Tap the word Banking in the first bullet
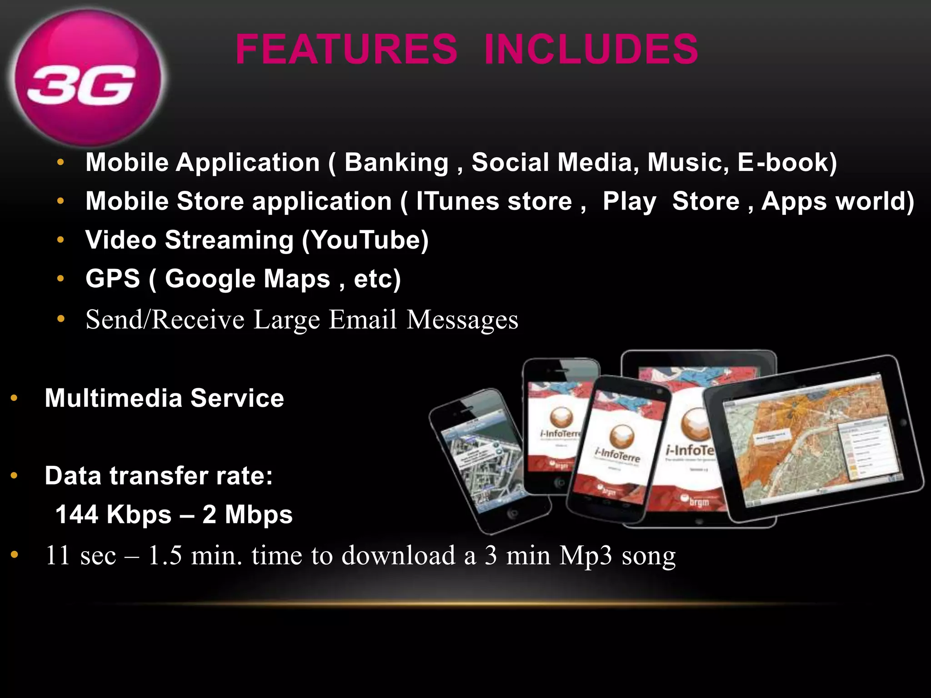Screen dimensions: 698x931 pyautogui.click(x=396, y=162)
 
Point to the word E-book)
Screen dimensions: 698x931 pyautogui.click(x=787, y=162)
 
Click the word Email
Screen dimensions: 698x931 pyautogui.click(x=362, y=319)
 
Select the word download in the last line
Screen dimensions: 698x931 pyautogui.click(x=398, y=555)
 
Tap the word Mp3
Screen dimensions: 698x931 pyautogui.click(x=586, y=555)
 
